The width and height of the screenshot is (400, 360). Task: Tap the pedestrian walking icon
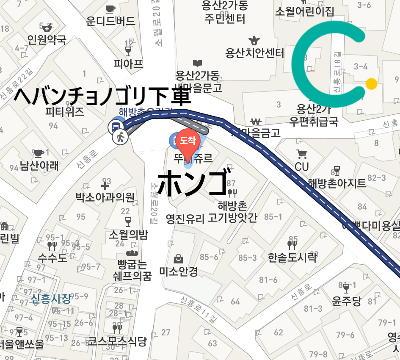(120, 137)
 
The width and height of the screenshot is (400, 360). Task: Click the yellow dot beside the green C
(371, 84)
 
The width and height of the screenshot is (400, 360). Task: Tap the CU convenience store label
(302, 167)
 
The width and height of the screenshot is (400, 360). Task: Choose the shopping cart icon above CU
(302, 154)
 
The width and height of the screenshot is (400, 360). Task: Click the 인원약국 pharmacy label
(47, 40)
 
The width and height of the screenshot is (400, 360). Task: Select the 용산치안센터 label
(254, 53)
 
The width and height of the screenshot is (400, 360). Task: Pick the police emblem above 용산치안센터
(254, 41)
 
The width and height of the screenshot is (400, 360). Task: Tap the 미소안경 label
(179, 271)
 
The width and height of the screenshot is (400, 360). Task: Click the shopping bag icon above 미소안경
(179, 258)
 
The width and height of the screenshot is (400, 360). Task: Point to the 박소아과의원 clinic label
(105, 197)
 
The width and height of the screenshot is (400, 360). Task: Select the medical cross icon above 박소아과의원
(105, 185)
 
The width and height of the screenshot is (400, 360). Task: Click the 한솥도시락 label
(292, 257)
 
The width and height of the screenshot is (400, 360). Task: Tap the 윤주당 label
(347, 301)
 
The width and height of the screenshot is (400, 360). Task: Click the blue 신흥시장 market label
(51, 299)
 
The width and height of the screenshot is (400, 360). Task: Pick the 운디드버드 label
(110, 21)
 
